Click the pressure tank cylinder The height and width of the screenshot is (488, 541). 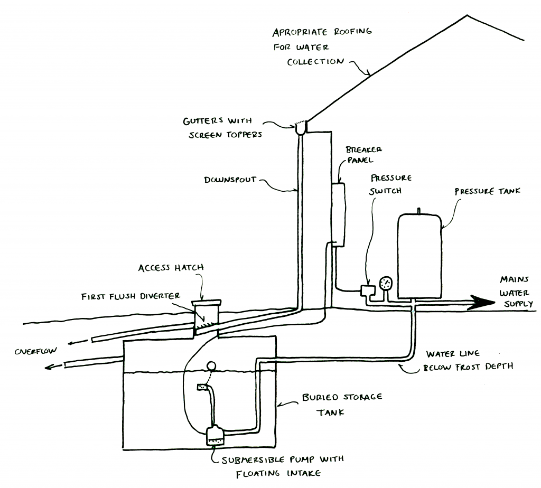419,256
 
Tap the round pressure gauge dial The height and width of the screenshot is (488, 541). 386,284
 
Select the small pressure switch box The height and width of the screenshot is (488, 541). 368,290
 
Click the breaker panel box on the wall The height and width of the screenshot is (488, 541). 338,214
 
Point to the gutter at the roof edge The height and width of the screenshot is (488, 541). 301,128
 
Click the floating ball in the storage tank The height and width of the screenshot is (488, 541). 211,366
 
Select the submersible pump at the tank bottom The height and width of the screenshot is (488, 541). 215,435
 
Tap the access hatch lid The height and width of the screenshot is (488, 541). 206,303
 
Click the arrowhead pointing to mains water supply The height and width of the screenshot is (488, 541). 482,303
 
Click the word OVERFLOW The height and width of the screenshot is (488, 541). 36,351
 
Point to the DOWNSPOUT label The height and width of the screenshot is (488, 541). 230,180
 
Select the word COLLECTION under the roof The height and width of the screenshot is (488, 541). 315,62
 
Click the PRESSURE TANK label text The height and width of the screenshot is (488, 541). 487,191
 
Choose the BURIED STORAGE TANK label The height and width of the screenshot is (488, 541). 342,405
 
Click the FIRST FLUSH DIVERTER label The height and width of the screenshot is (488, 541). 130,296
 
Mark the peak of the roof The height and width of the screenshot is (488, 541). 467,15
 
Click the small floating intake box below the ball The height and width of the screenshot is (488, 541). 202,387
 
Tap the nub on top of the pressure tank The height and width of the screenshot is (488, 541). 419,211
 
